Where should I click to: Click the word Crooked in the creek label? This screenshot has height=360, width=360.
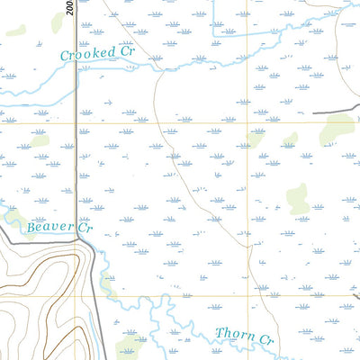[88, 54]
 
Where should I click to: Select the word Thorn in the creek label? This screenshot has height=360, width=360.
[234, 335]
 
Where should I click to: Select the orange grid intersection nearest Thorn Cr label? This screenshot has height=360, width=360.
[249, 296]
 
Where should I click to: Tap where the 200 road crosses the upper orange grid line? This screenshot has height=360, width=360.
[76, 122]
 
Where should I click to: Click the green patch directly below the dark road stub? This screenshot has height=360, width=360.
[337, 130]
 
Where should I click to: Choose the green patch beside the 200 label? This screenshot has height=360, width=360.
[58, 23]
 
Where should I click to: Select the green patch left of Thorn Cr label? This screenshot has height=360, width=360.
[130, 348]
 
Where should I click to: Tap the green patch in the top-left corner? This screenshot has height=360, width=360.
[15, 30]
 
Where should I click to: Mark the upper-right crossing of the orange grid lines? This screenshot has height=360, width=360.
[249, 122]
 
